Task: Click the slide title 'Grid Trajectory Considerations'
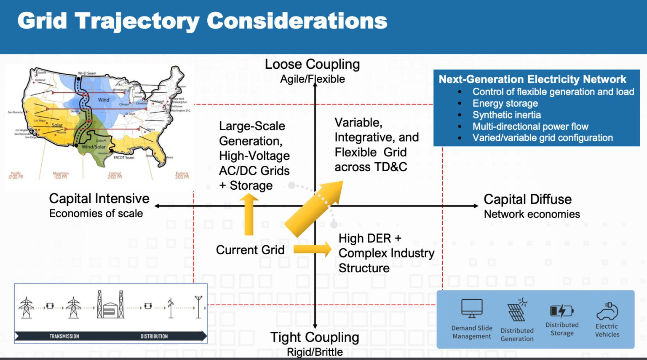(202, 21)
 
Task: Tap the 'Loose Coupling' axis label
(312, 64)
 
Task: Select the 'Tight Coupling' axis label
(315, 337)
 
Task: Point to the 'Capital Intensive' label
(99, 199)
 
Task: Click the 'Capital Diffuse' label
(527, 199)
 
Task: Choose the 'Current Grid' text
(250, 250)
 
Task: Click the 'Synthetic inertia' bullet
(506, 115)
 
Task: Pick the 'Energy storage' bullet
(505, 104)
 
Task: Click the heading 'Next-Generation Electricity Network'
(532, 79)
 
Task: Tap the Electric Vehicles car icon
(607, 312)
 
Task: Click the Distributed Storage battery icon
(561, 311)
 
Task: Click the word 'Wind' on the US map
(104, 100)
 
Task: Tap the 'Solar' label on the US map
(57, 125)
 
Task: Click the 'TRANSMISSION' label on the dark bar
(64, 336)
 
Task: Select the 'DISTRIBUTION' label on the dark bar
(154, 336)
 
